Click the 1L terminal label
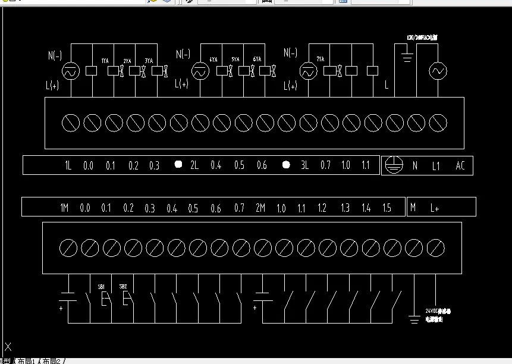pyautogui.click(x=68, y=166)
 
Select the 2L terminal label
pyautogui.click(x=194, y=166)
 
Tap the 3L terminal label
pyautogui.click(x=304, y=166)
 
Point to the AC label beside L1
pyautogui.click(x=460, y=166)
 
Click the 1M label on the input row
pyautogui.click(x=64, y=208)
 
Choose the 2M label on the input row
pyautogui.click(x=260, y=208)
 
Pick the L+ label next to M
pyautogui.click(x=435, y=208)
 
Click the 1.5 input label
pyautogui.click(x=387, y=208)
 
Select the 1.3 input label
pyautogui.click(x=345, y=208)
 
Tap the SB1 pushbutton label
pyautogui.click(x=101, y=287)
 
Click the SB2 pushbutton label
pyautogui.click(x=123, y=287)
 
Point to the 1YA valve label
pyautogui.click(x=105, y=61)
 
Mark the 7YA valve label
pyautogui.click(x=321, y=59)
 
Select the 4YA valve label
pyautogui.click(x=213, y=59)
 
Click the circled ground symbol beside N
pyautogui.click(x=391, y=165)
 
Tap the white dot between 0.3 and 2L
pyautogui.click(x=178, y=165)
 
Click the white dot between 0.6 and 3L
pyautogui.click(x=285, y=165)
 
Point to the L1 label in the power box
pyautogui.click(x=436, y=166)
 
